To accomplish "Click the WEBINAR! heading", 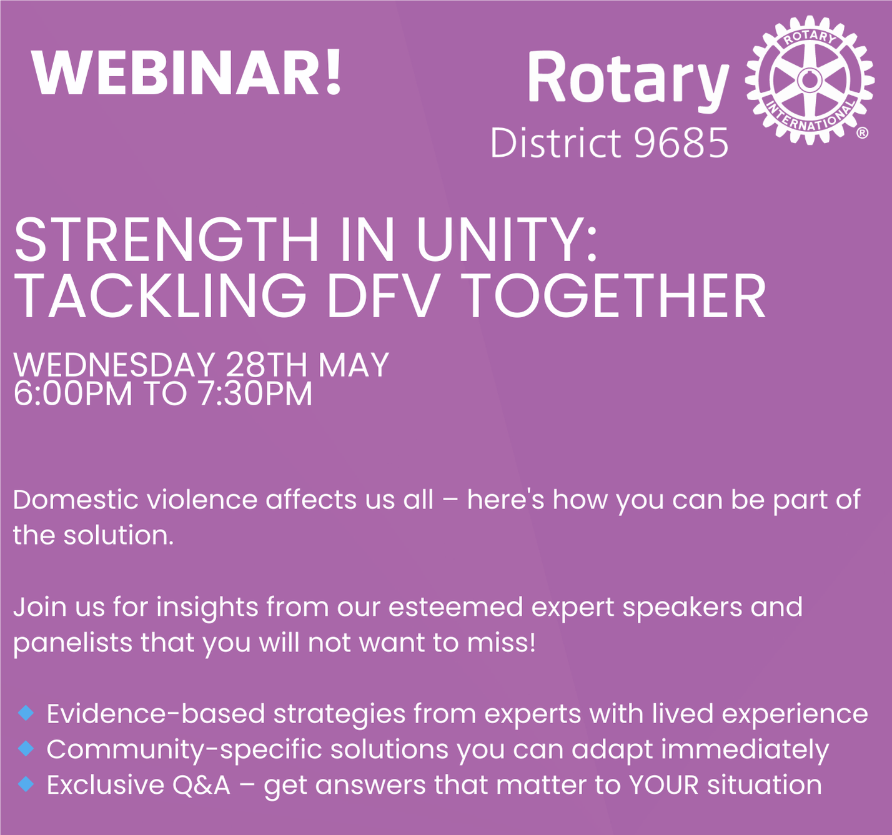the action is (186, 72).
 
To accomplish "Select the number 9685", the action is (681, 142).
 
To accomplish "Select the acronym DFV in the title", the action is (382, 296).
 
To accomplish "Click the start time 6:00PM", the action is (72, 393).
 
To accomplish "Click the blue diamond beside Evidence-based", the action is (26, 713).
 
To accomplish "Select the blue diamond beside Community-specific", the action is (26, 748).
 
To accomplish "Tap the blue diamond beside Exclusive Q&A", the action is (26, 784).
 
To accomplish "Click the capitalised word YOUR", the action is (664, 784).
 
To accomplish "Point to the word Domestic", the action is (76, 500).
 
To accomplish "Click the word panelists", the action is (72, 643).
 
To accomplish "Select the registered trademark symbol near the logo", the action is (862, 133).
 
